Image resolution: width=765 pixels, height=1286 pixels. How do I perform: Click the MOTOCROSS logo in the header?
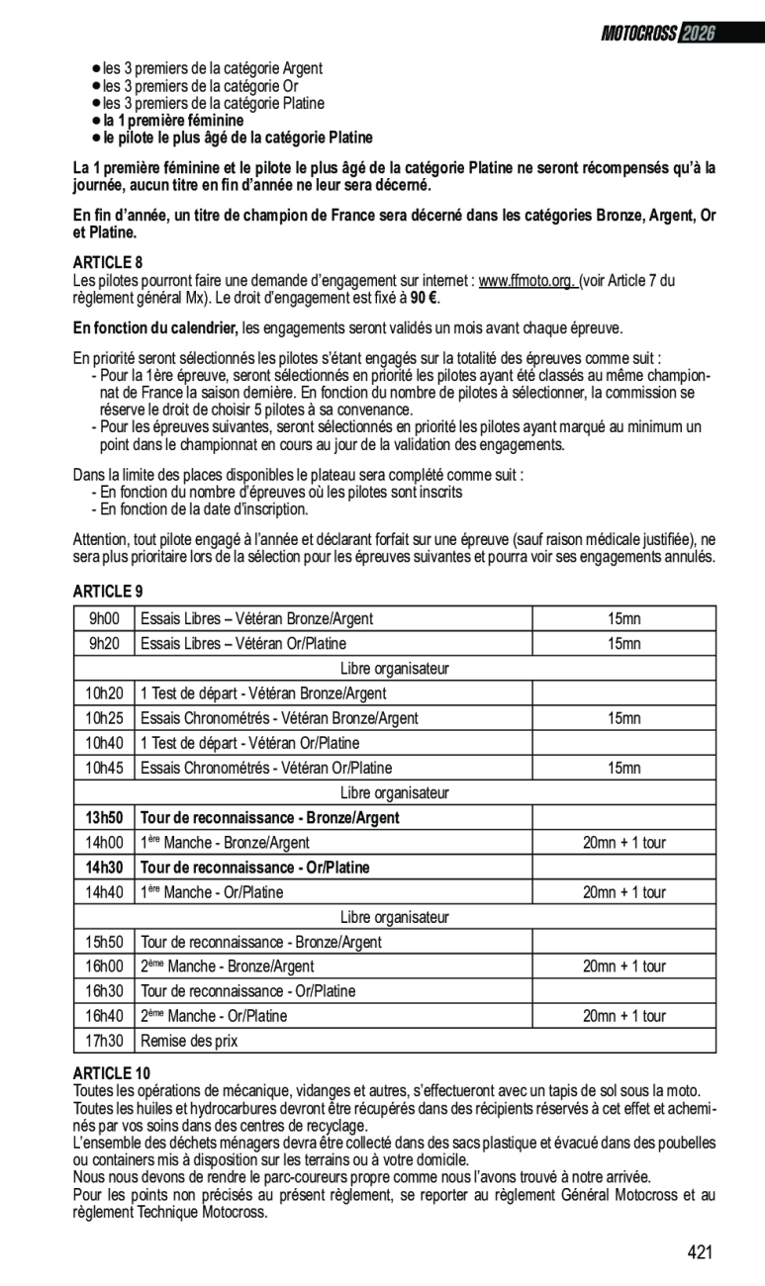pyautogui.click(x=638, y=34)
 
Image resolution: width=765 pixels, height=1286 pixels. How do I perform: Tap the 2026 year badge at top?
pyautogui.click(x=698, y=34)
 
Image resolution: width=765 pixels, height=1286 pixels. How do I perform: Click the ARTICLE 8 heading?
pyautogui.click(x=108, y=263)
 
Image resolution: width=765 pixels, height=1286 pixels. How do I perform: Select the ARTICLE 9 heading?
pyautogui.click(x=108, y=592)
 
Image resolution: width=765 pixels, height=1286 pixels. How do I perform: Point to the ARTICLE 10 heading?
pyautogui.click(x=112, y=1073)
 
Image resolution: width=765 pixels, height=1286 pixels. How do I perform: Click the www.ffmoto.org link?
pyautogui.click(x=527, y=281)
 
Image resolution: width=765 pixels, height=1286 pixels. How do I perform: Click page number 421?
pyautogui.click(x=700, y=1252)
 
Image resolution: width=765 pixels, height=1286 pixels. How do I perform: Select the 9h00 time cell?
pyautogui.click(x=104, y=619)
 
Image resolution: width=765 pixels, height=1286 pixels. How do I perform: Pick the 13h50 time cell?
pyautogui.click(x=104, y=818)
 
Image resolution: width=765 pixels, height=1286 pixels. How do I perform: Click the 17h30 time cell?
pyautogui.click(x=104, y=1041)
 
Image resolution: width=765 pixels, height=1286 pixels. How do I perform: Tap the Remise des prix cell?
pyautogui.click(x=190, y=1041)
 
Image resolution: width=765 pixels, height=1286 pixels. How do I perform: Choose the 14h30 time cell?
pyautogui.click(x=104, y=868)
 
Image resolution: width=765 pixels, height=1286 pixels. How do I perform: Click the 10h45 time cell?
pyautogui.click(x=104, y=768)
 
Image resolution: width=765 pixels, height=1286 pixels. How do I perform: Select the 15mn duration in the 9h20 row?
pyautogui.click(x=623, y=644)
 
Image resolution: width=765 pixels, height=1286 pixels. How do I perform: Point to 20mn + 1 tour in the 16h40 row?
pyautogui.click(x=623, y=1016)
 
